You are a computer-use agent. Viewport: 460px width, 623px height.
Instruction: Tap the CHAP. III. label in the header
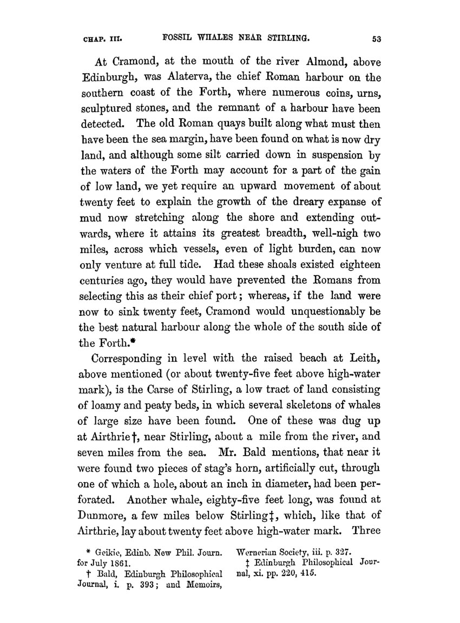point(103,39)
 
